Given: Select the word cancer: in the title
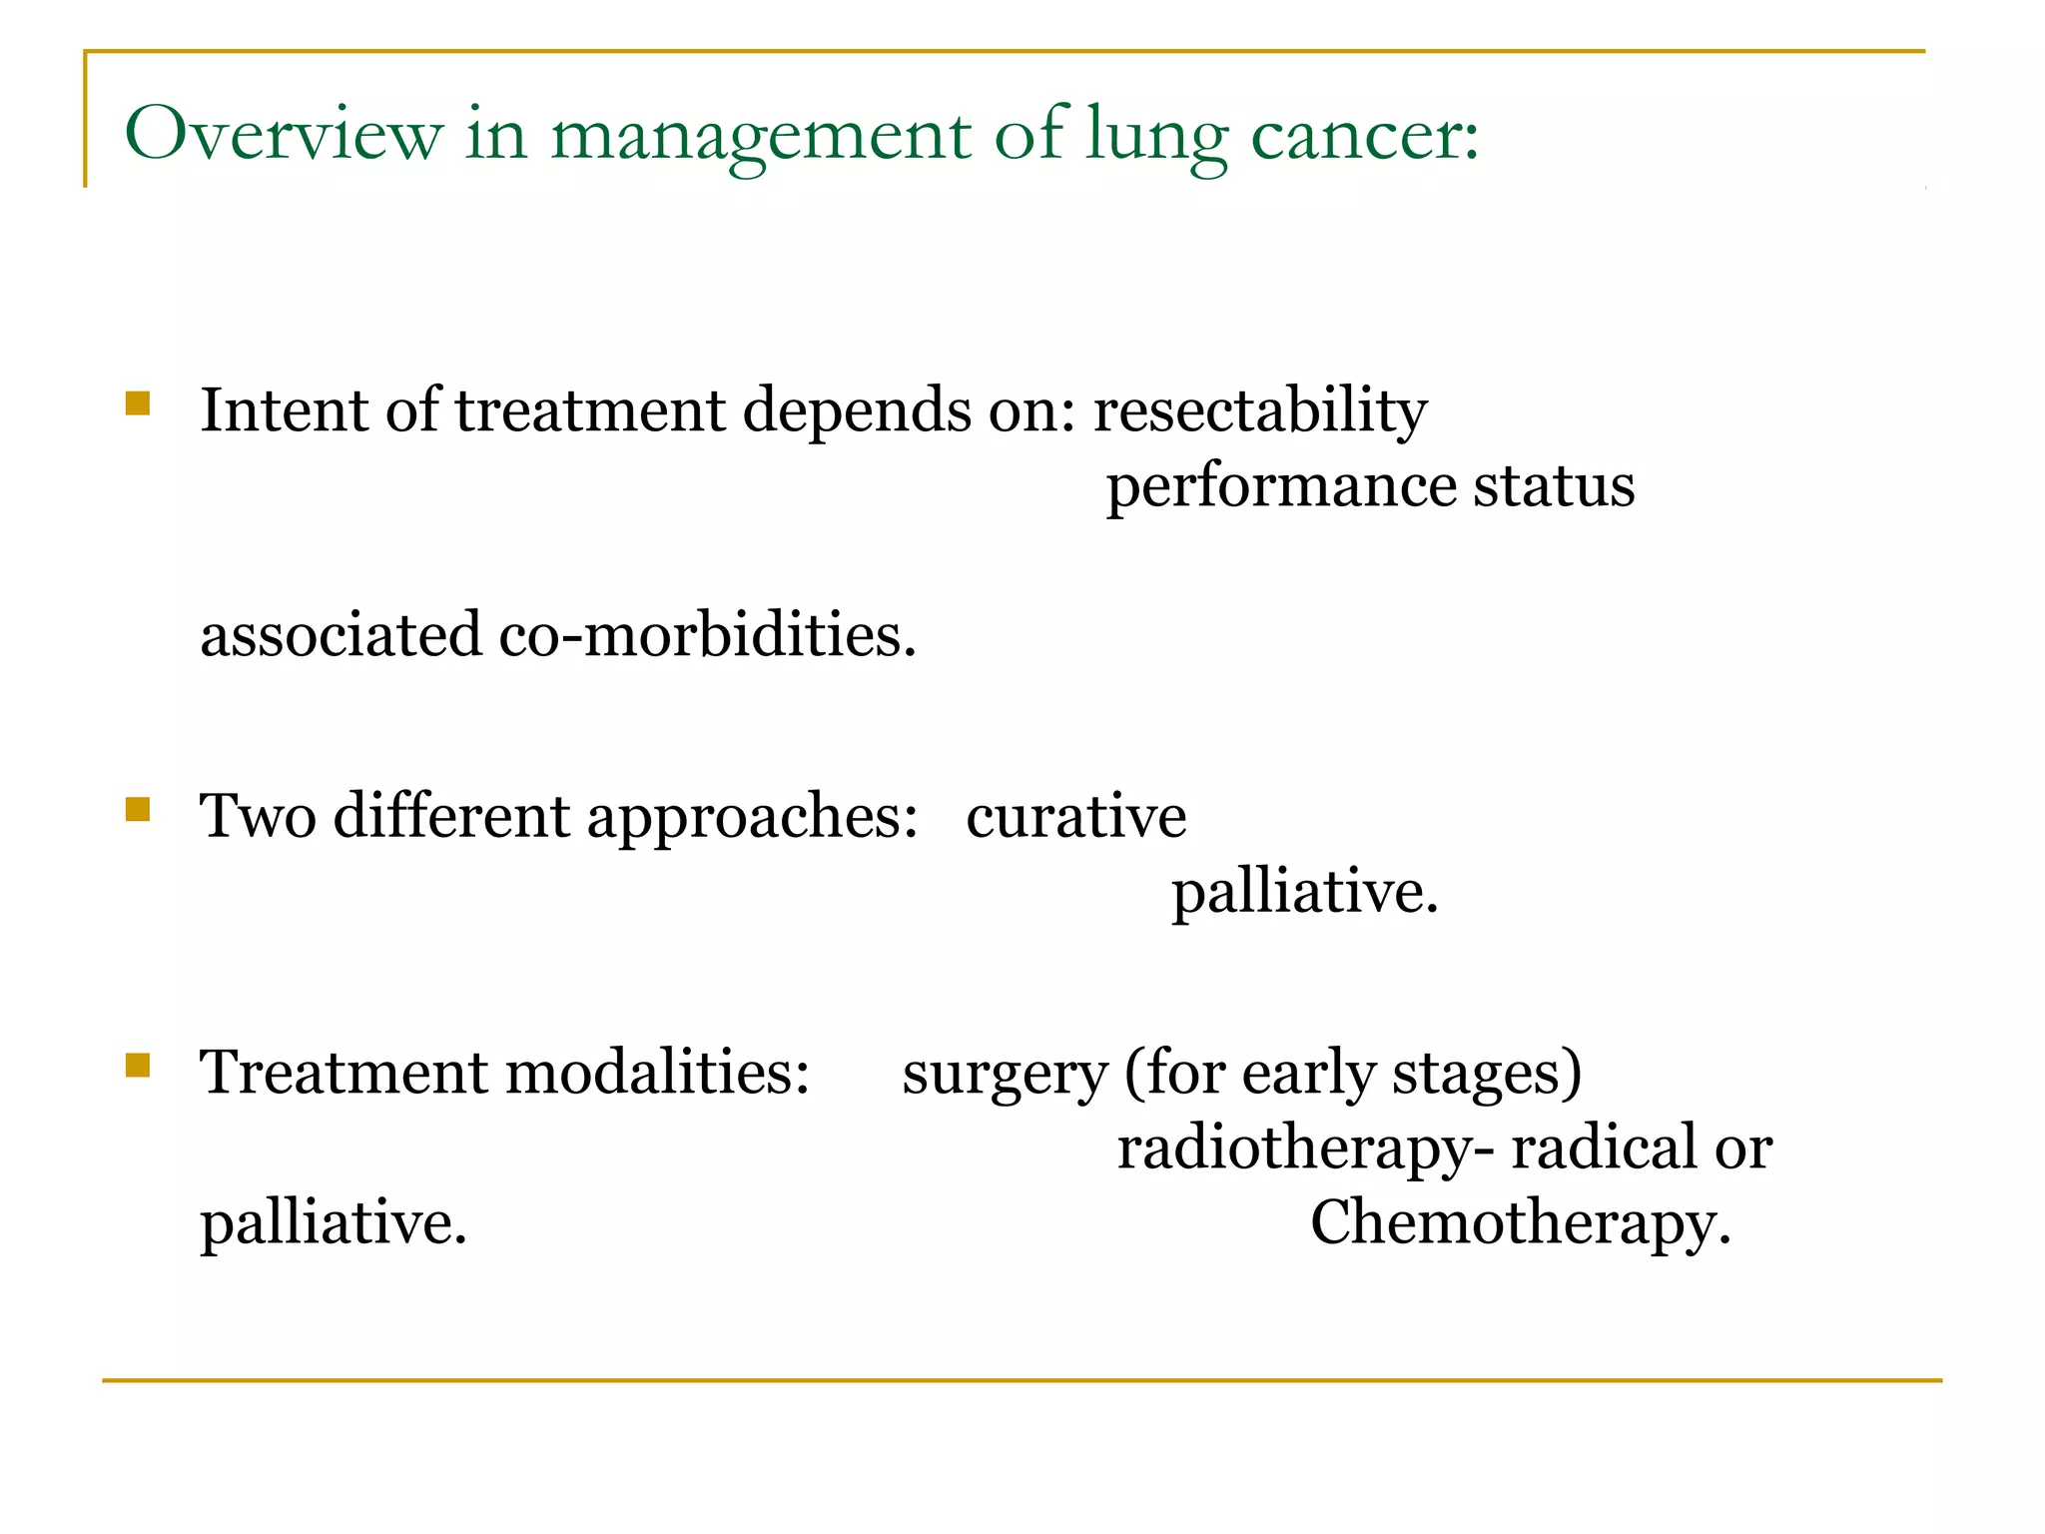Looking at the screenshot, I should (1365, 137).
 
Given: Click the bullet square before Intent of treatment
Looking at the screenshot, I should (138, 403).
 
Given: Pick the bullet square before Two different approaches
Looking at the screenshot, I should (138, 808).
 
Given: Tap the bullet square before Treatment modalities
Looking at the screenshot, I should (138, 1066).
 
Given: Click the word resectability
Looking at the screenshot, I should (1260, 410).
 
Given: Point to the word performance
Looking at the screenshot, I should (1281, 486).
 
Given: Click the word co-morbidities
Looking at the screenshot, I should (707, 635).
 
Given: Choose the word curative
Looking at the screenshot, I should (1075, 816).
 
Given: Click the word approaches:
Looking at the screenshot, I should (752, 818).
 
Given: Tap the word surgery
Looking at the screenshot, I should (1005, 1075).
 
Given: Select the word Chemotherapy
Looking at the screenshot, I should (1520, 1224).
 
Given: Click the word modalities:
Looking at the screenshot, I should (658, 1073).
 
